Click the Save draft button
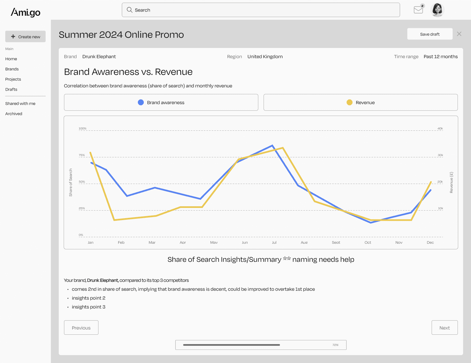pos(430,34)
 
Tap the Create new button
pos(25,36)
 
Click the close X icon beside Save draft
pos(459,34)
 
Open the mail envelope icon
pos(418,10)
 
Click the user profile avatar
pos(438,10)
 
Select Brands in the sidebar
pos(12,69)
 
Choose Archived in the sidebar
pos(14,114)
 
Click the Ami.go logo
pos(26,12)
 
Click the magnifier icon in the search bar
pos(129,10)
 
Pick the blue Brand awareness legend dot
pos(141,102)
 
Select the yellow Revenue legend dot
pos(350,102)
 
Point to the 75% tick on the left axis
pos(82,155)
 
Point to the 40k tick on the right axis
pos(440,128)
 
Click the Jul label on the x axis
pos(274,242)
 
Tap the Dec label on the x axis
pos(430,242)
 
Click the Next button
pos(444,328)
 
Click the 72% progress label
pos(335,345)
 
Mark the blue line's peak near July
pos(272,145)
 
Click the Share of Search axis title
pos(71,183)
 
